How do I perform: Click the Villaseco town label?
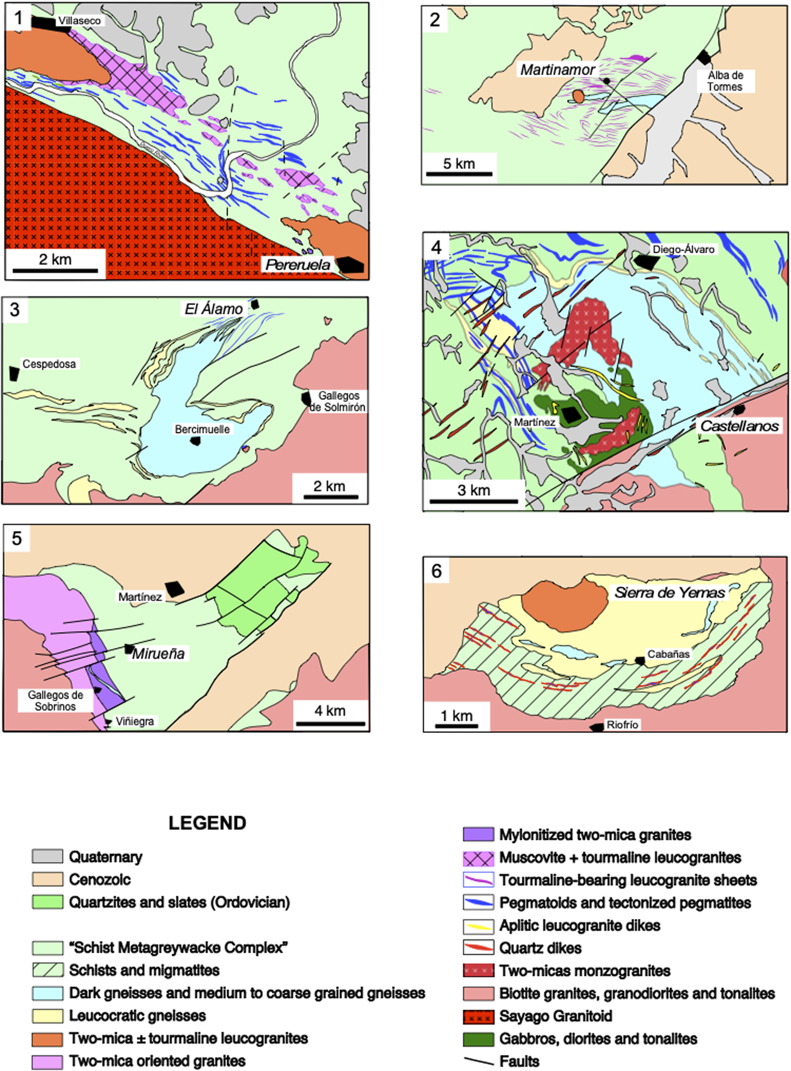pos(79,21)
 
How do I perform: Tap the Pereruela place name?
pos(298,264)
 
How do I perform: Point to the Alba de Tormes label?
pos(725,81)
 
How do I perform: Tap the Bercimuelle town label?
pos(202,429)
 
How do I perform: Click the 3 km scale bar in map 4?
pos(474,501)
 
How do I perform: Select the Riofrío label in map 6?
pos(622,725)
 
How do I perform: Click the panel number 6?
pos(436,571)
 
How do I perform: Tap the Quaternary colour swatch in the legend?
pos(47,856)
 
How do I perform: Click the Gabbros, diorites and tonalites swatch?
pos(478,1039)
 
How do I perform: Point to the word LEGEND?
pos(207,823)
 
